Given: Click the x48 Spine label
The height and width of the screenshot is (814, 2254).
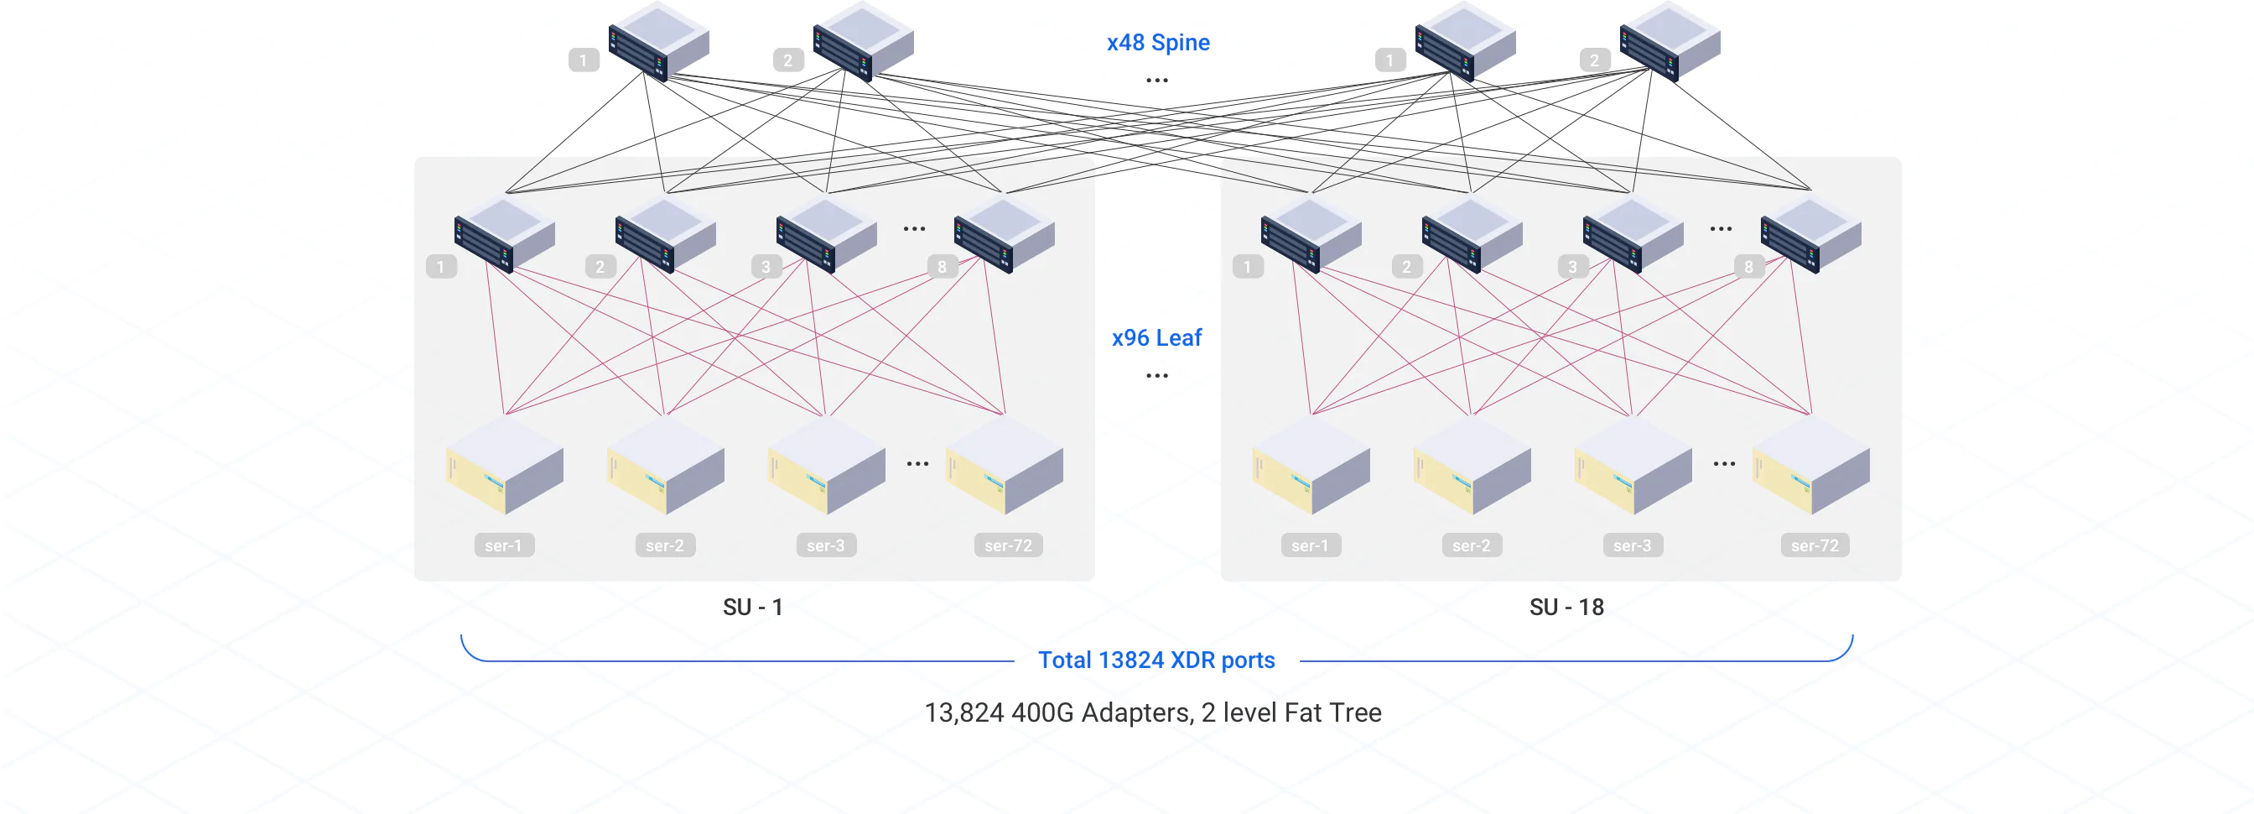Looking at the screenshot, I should point(1158,42).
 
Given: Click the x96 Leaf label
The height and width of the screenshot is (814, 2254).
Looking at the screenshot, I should point(1156,338).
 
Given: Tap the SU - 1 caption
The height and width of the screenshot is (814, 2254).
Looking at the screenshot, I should point(752,608).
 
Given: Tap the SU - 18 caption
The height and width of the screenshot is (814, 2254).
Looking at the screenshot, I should point(1566,608).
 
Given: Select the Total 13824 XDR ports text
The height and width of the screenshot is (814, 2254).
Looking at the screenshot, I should point(1156,660).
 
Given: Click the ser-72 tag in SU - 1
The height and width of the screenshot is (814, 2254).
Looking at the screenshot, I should point(1008,545).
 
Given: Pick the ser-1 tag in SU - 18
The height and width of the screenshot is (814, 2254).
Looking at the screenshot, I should point(1310,545).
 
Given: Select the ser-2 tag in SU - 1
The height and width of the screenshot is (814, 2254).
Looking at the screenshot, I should point(665,545).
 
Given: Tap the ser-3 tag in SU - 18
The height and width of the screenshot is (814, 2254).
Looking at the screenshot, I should point(1632,545).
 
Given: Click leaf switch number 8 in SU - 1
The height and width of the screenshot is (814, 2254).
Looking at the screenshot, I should point(1005,235).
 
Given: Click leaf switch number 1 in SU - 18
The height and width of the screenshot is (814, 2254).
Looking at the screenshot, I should point(1311,235).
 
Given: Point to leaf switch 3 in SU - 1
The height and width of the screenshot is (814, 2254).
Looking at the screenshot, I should point(826,235).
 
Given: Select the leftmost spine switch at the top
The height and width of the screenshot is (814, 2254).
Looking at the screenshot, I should point(658,41).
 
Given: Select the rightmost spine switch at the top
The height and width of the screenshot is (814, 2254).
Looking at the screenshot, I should point(1670,41).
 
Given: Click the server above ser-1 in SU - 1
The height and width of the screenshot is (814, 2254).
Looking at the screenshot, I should point(505,466).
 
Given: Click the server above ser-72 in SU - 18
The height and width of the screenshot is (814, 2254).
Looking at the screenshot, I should point(1811,466).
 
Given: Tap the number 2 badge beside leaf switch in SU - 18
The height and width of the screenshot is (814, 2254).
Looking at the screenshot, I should point(1406,267).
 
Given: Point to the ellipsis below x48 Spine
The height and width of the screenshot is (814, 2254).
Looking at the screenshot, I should point(1156,81).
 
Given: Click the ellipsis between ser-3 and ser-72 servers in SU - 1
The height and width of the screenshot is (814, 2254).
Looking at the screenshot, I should point(917,464).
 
